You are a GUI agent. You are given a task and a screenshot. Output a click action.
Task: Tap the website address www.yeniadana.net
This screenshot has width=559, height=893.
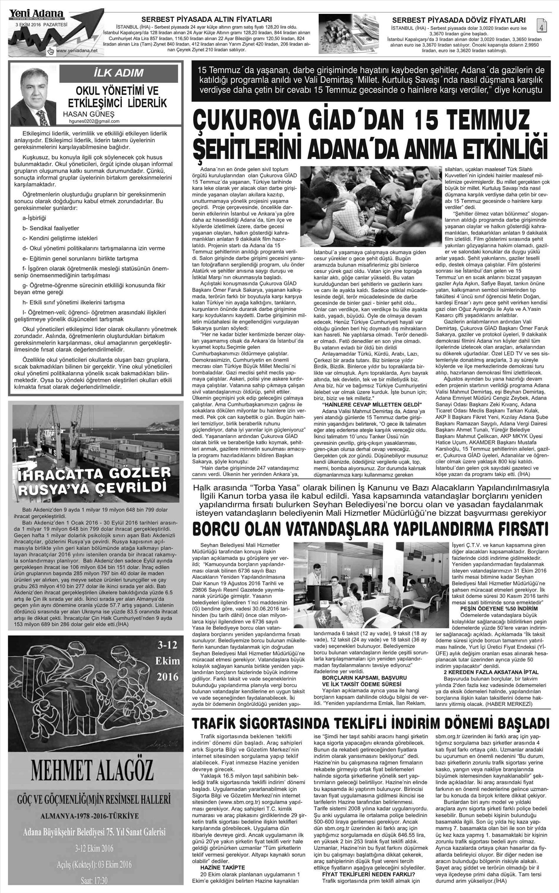75,50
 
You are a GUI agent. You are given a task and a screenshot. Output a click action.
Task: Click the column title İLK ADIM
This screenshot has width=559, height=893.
119,72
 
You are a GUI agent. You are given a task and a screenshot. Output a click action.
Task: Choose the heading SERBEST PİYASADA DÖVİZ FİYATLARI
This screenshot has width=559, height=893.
459,20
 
